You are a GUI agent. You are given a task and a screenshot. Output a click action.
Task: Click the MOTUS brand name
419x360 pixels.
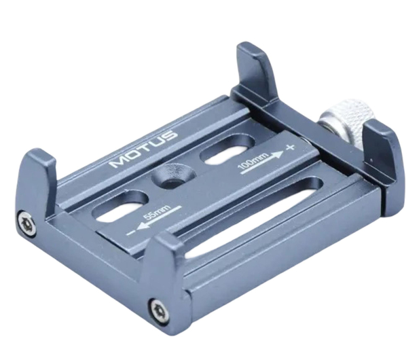pyautogui.click(x=144, y=149)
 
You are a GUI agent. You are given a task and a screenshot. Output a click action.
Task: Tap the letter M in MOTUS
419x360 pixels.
pyautogui.click(x=119, y=162)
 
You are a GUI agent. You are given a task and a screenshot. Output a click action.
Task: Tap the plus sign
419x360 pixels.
pyautogui.click(x=290, y=147)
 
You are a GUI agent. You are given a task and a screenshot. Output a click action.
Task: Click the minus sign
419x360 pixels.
pyautogui.click(x=130, y=232)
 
